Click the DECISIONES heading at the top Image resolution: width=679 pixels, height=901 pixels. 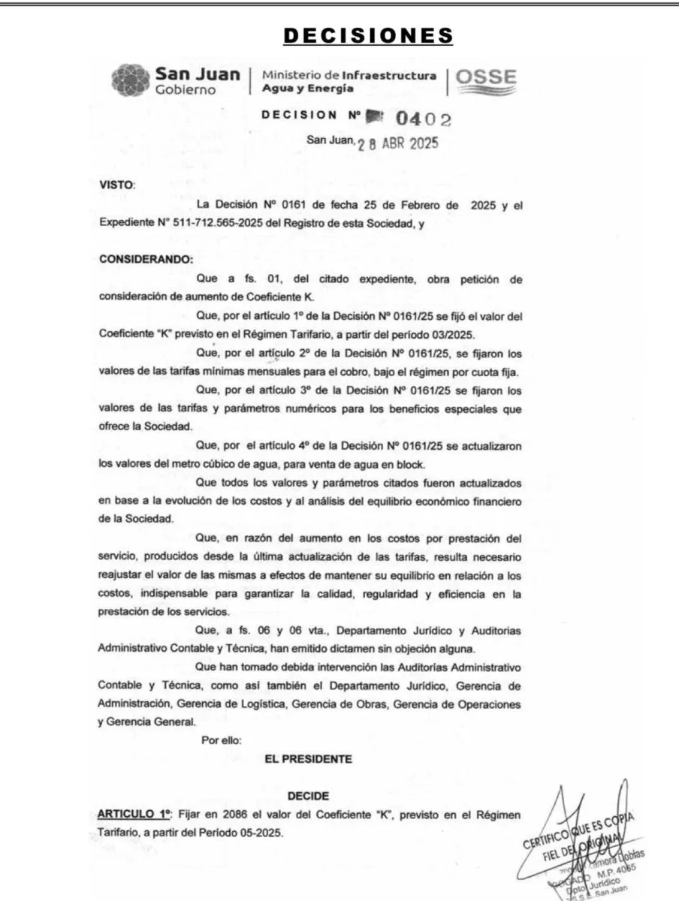coord(368,35)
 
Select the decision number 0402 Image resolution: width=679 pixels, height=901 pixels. coord(424,118)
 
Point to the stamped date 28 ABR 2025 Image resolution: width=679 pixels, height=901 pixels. coord(396,143)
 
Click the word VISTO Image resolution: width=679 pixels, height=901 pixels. coord(116,184)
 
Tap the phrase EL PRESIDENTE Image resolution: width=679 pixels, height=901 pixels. coord(308,759)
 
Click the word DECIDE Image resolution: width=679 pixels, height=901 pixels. coord(308,795)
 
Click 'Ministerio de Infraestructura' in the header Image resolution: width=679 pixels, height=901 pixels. coord(349,75)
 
